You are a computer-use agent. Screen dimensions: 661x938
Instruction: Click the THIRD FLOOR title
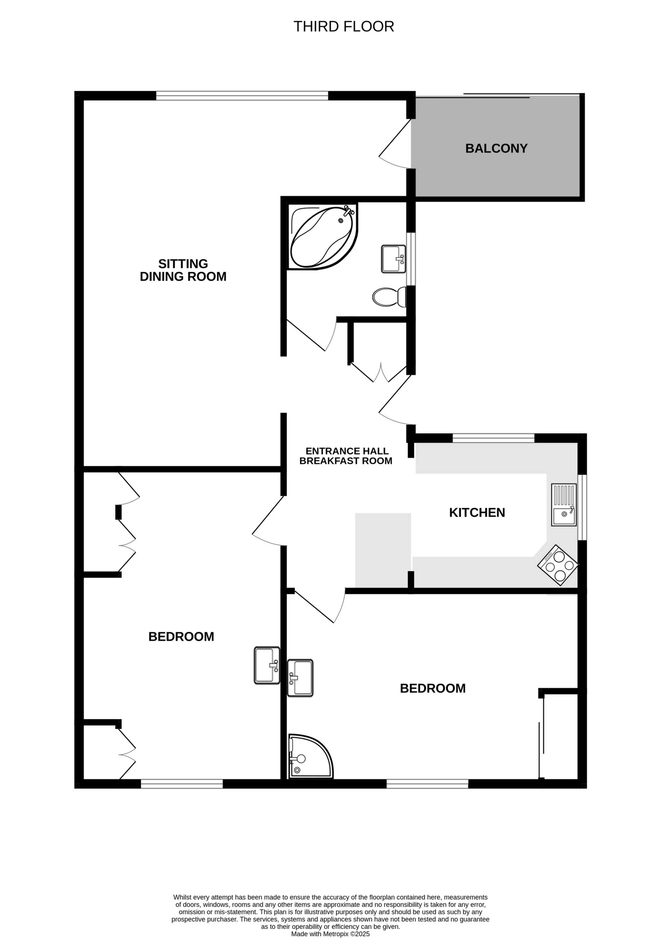point(344,27)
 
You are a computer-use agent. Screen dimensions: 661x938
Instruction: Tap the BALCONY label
point(496,148)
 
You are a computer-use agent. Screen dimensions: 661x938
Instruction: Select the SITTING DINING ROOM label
point(183,270)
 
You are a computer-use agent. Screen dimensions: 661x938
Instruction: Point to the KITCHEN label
point(477,513)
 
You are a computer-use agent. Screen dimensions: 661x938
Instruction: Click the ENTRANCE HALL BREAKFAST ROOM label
point(346,456)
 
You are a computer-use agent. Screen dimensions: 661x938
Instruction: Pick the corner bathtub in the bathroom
point(323,236)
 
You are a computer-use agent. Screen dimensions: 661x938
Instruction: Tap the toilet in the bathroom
point(389,297)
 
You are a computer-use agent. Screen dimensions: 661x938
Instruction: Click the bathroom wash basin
point(394,259)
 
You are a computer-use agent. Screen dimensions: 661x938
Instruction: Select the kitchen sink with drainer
point(564,505)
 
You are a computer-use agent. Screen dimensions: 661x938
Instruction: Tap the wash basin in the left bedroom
point(267,665)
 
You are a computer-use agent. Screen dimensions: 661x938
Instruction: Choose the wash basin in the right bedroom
point(300,678)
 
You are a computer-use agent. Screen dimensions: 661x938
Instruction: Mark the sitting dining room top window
point(242,96)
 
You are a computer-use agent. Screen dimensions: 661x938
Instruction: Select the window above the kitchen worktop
point(493,438)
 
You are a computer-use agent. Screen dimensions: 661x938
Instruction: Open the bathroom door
point(311,335)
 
